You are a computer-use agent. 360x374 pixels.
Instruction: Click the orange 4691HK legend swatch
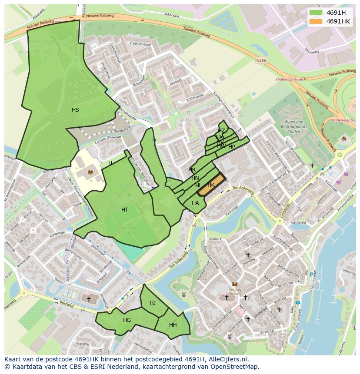[316, 21]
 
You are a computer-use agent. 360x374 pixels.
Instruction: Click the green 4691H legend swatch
[316, 13]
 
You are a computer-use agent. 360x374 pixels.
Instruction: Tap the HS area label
[75, 110]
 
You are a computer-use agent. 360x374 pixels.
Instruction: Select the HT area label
[125, 210]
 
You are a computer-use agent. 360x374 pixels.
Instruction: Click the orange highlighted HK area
[211, 185]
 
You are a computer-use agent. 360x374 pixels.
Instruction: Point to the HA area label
[195, 203]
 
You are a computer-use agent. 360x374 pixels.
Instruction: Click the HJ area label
[153, 303]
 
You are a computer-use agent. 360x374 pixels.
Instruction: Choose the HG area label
[127, 320]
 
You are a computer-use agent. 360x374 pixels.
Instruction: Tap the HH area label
[173, 325]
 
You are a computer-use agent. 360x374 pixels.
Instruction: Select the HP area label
[232, 147]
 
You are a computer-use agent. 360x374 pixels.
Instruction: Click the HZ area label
[221, 130]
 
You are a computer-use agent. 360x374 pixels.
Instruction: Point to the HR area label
[192, 169]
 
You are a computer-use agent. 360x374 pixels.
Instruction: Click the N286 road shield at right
[261, 61]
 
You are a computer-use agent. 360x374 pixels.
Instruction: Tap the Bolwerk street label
[216, 238]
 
